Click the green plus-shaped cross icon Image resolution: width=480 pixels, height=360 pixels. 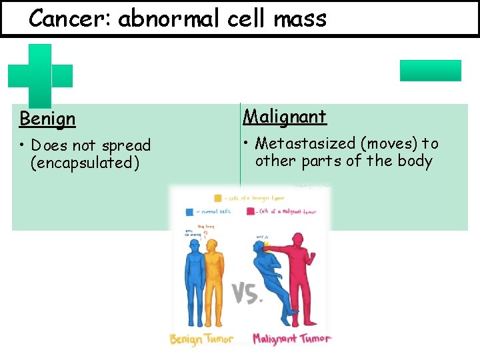[x=39, y=75]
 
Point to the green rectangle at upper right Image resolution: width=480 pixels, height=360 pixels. [x=430, y=71]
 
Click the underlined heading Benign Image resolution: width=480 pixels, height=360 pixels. [x=47, y=119]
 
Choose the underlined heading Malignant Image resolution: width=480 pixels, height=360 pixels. [x=285, y=117]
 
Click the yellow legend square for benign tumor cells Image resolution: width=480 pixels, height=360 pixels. [x=218, y=198]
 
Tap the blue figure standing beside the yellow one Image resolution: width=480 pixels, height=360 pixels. [x=193, y=280]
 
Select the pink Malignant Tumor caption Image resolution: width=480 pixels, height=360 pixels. [x=291, y=339]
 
